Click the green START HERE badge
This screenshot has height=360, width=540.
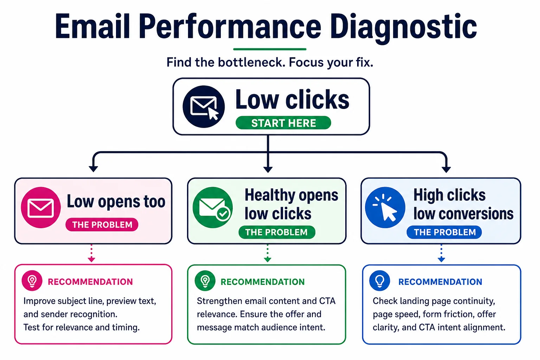pos(283,123)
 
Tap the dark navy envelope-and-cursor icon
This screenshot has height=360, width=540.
pos(204,107)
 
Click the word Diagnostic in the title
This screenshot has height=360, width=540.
pos(403,27)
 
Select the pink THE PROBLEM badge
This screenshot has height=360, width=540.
pos(102,225)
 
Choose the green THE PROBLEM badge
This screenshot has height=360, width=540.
pos(277,232)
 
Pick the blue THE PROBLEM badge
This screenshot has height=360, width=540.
pos(444,232)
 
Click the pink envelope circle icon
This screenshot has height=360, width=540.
pos(41,208)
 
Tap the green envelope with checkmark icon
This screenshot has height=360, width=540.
pos(213,208)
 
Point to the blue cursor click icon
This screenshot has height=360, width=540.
pos(385,208)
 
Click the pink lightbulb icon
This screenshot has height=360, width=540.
pos(32,281)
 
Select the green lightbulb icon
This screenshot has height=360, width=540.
pos(205,281)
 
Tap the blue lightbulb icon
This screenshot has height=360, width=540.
pos(380,281)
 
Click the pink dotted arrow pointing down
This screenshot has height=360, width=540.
pos(91,253)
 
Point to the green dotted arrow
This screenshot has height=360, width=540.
pos(267,253)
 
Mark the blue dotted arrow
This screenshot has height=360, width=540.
pos(442,253)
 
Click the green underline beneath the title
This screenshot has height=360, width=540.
pos(270,49)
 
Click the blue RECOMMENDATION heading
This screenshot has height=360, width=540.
pos(440,282)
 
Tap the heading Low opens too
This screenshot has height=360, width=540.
pos(116,201)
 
